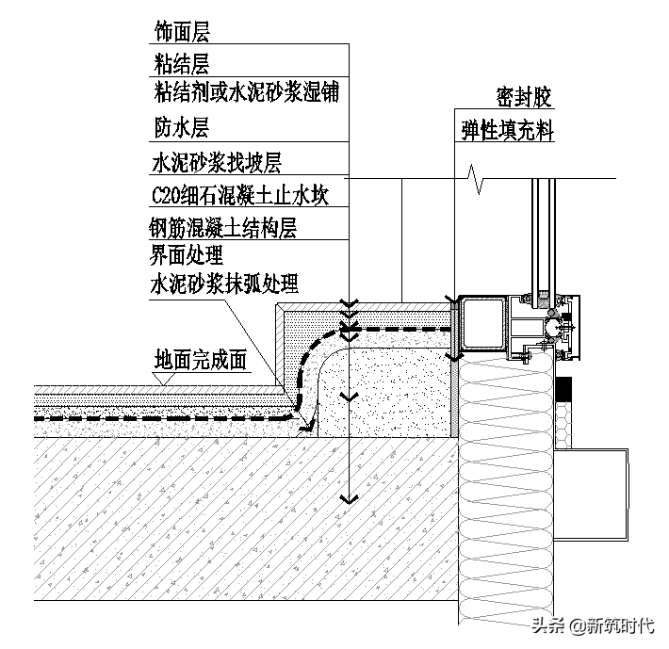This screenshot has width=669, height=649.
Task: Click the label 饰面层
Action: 182,32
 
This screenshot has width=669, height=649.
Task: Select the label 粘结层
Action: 182,63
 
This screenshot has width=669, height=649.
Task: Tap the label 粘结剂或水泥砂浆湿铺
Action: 245,92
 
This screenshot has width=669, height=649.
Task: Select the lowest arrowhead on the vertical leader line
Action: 349,496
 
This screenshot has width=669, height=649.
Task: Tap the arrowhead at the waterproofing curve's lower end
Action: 307,427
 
